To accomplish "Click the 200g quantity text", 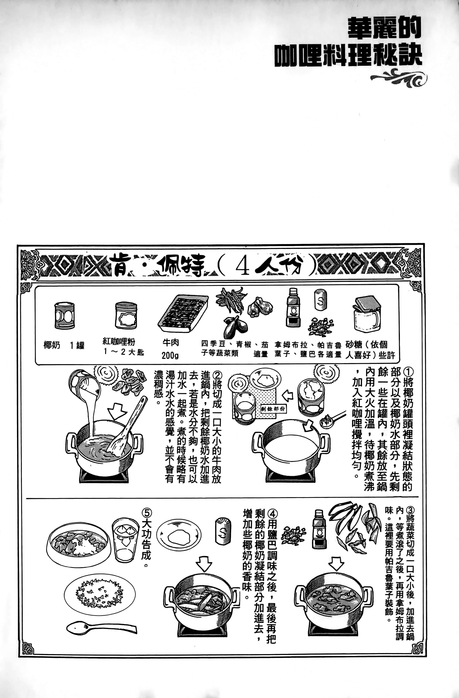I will click(170, 355).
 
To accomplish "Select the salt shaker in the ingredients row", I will click(320, 299).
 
